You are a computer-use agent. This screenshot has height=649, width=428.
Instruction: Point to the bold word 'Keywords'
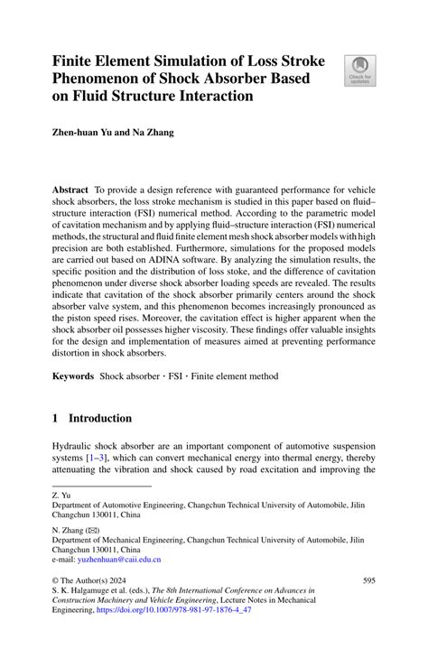pyautogui.click(x=72, y=375)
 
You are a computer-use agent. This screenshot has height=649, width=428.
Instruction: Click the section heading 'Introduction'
pyautogui.click(x=100, y=419)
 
